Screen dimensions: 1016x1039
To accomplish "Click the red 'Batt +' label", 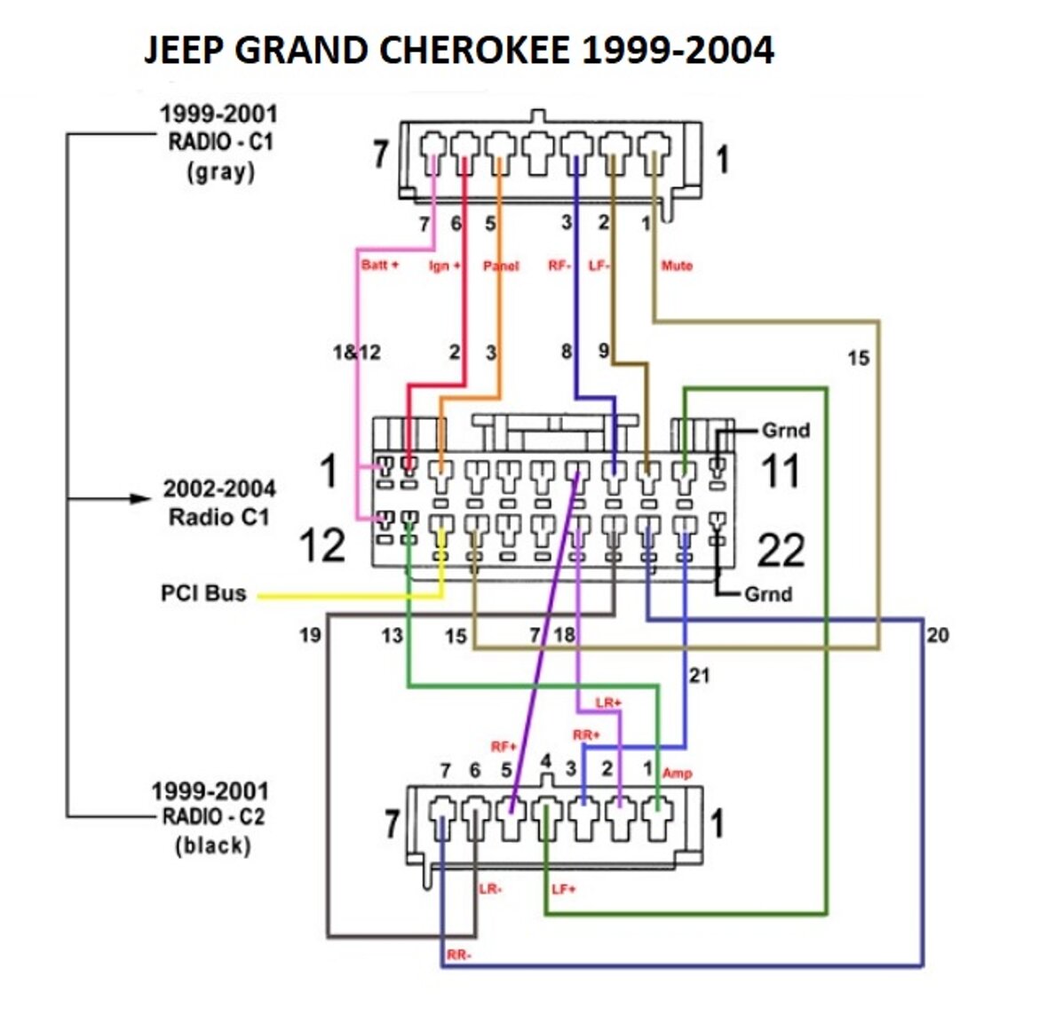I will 379,265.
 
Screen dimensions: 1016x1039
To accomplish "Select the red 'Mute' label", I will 677,265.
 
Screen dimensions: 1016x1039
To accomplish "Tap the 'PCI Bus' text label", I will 203,592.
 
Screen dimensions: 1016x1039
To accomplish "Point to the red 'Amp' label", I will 677,773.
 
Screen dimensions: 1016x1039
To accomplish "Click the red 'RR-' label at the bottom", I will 459,955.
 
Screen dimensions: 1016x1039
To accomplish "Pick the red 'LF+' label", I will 564,889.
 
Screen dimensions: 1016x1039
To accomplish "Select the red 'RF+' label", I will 504,746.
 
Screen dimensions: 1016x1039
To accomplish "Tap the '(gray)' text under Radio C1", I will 220,171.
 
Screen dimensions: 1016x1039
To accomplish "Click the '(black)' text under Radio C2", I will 213,845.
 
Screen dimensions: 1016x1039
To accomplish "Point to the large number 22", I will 781,551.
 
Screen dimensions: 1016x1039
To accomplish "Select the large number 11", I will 781,471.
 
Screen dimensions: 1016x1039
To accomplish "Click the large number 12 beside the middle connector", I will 321,545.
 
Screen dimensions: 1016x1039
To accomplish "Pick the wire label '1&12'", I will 356,353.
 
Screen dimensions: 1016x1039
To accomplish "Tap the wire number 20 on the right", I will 937,634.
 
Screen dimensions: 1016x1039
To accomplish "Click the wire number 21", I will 700,676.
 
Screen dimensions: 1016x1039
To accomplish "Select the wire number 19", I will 309,634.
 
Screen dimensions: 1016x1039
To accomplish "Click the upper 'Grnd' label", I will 786,431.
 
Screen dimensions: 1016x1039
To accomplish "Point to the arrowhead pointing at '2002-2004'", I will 141,498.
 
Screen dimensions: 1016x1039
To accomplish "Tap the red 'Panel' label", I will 501,266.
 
